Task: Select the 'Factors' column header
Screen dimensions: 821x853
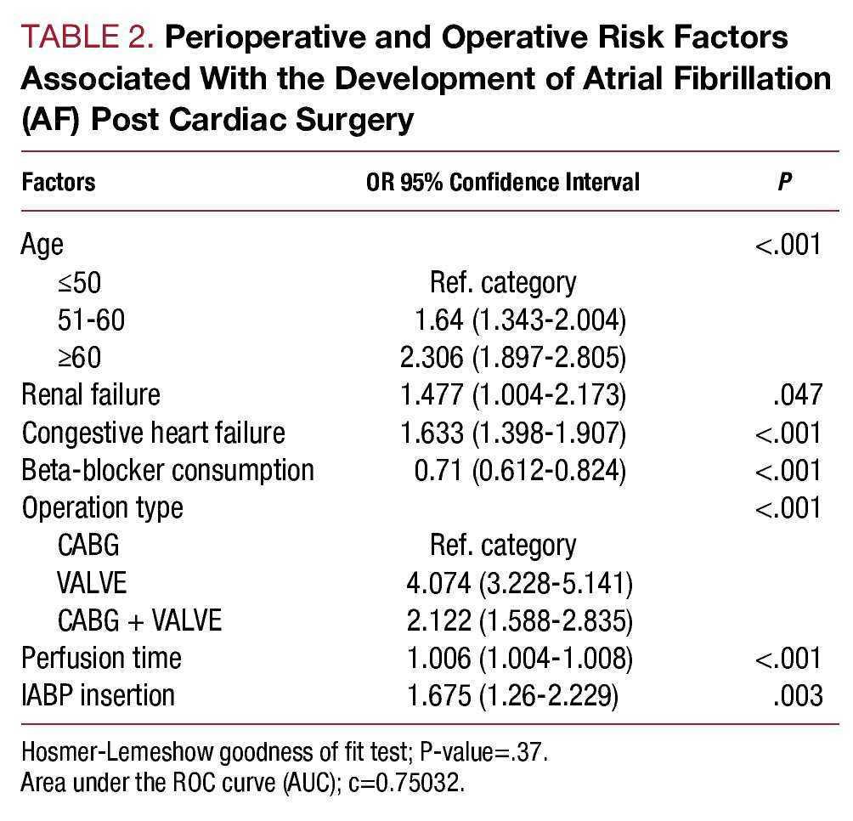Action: tap(58, 182)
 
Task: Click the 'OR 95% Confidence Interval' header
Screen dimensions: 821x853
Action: tap(502, 182)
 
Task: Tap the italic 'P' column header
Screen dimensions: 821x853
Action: tap(785, 182)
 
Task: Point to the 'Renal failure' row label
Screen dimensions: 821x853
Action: tap(91, 394)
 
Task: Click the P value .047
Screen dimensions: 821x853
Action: tap(800, 394)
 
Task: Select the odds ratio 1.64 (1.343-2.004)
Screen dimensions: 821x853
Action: tap(520, 320)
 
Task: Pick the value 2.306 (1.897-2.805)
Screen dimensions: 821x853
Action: tap(513, 357)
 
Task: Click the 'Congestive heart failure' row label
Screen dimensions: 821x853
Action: tap(153, 432)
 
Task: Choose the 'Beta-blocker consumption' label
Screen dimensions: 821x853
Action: tap(167, 469)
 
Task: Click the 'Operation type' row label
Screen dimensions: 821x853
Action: tap(103, 507)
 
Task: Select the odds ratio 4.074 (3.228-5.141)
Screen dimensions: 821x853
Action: tap(517, 582)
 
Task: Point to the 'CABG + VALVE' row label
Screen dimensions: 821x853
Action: tap(139, 620)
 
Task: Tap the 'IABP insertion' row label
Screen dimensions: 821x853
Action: tap(99, 694)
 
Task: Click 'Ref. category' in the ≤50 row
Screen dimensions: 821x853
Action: tap(503, 282)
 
